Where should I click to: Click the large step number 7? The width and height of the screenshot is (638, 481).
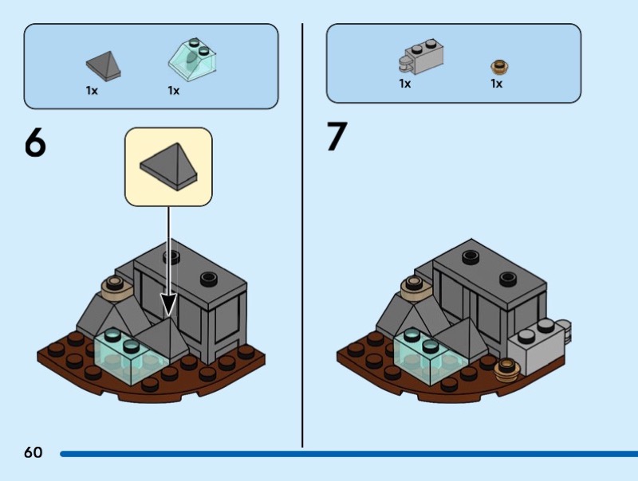click(x=337, y=137)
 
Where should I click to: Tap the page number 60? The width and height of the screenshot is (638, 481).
click(x=33, y=453)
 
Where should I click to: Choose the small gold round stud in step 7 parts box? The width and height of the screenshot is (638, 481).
click(x=500, y=67)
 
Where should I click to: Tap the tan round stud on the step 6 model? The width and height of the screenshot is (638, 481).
click(x=113, y=285)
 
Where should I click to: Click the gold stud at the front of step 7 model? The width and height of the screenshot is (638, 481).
click(x=507, y=366)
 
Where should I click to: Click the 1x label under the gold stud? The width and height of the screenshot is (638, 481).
click(x=496, y=84)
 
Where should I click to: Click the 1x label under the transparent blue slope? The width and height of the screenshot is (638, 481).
click(x=174, y=90)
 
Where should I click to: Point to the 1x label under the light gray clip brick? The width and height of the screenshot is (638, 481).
click(x=405, y=83)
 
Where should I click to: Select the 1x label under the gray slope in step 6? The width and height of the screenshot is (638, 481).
click(x=92, y=90)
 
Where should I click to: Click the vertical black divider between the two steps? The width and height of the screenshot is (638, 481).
click(x=302, y=239)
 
